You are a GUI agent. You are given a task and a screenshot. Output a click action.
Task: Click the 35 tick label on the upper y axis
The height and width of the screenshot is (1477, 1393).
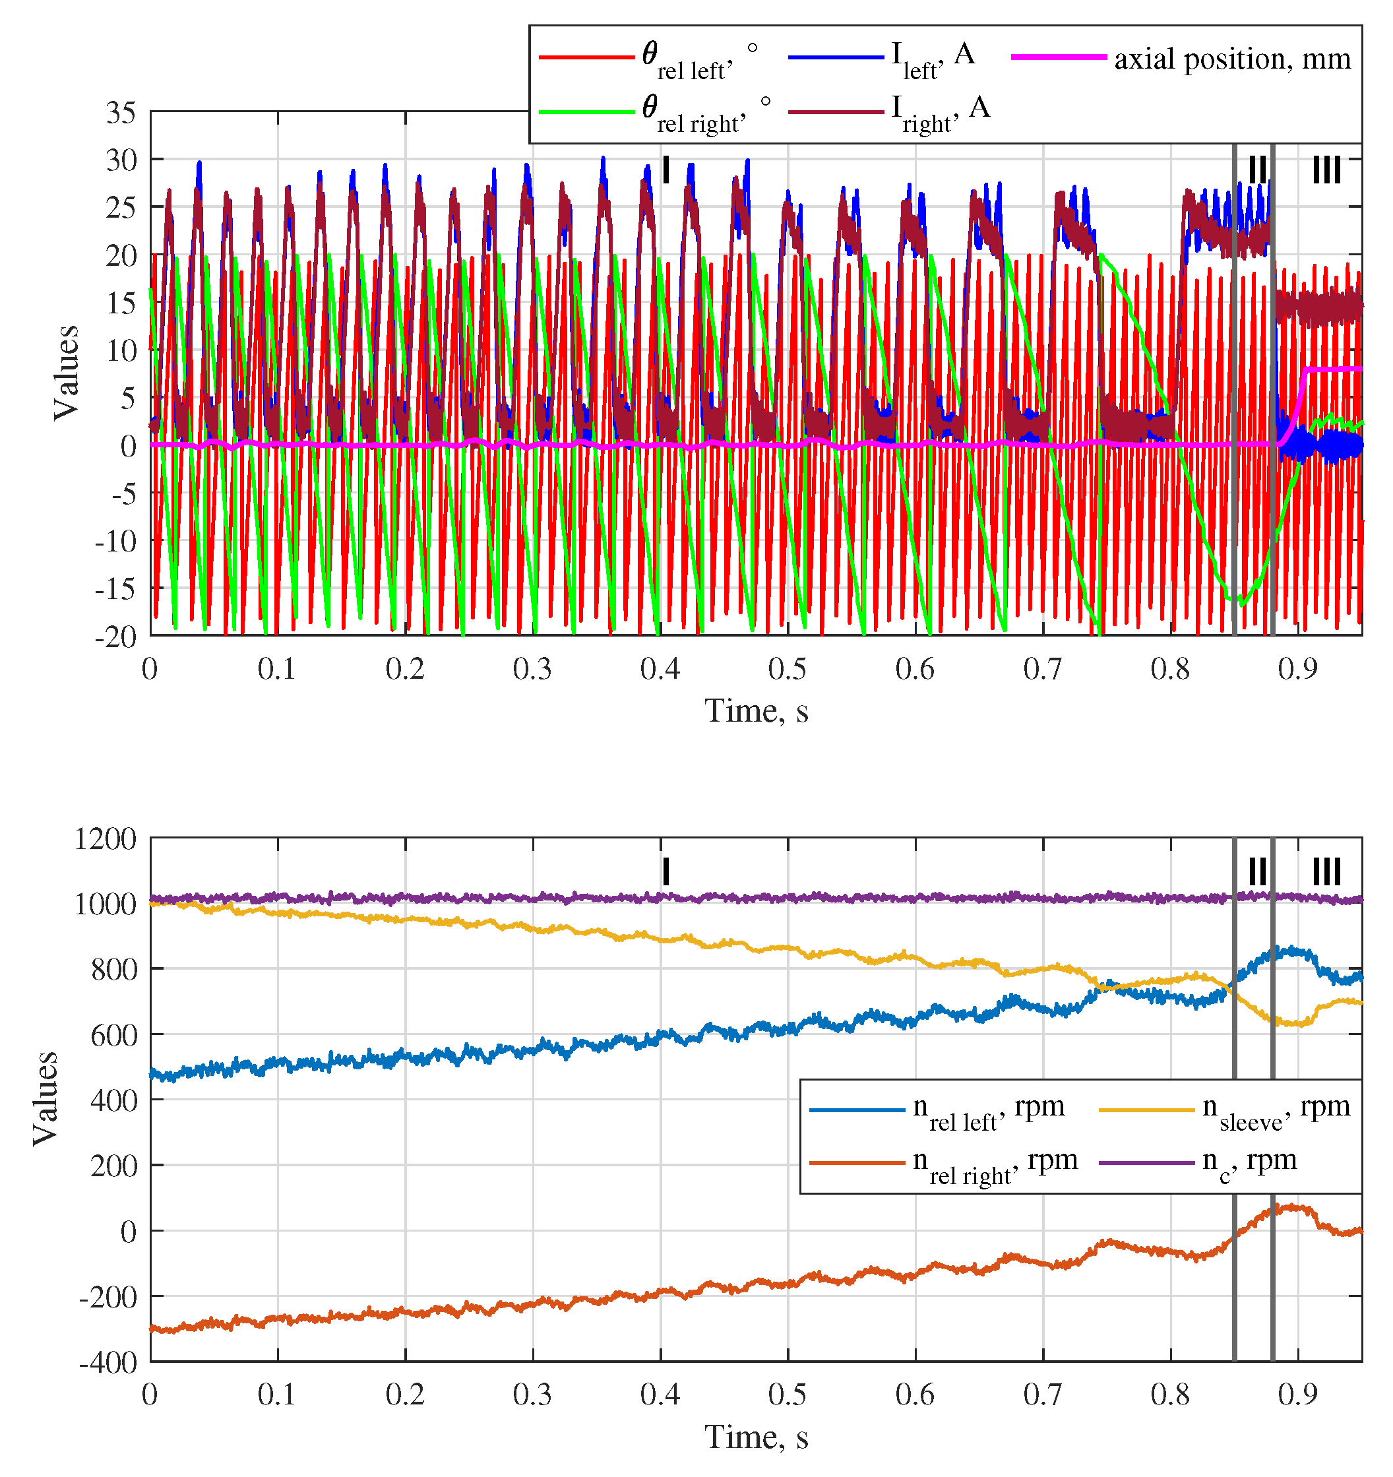tap(121, 113)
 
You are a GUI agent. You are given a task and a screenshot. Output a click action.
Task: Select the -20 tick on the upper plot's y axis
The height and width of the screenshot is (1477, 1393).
tap(116, 637)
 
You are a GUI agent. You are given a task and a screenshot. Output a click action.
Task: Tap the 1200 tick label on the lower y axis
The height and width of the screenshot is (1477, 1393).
tap(106, 840)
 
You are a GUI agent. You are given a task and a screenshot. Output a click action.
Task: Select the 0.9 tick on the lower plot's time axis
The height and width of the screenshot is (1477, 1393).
tap(1298, 1396)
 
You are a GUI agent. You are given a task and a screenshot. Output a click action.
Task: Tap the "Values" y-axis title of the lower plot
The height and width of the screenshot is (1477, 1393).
tap(46, 1099)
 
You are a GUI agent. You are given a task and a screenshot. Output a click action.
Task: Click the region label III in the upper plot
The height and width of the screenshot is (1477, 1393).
tap(1326, 170)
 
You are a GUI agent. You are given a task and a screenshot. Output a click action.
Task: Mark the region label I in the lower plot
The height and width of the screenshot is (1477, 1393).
tap(666, 871)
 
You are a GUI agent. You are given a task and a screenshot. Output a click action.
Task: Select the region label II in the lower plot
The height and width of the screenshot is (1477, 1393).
tap(1257, 871)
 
